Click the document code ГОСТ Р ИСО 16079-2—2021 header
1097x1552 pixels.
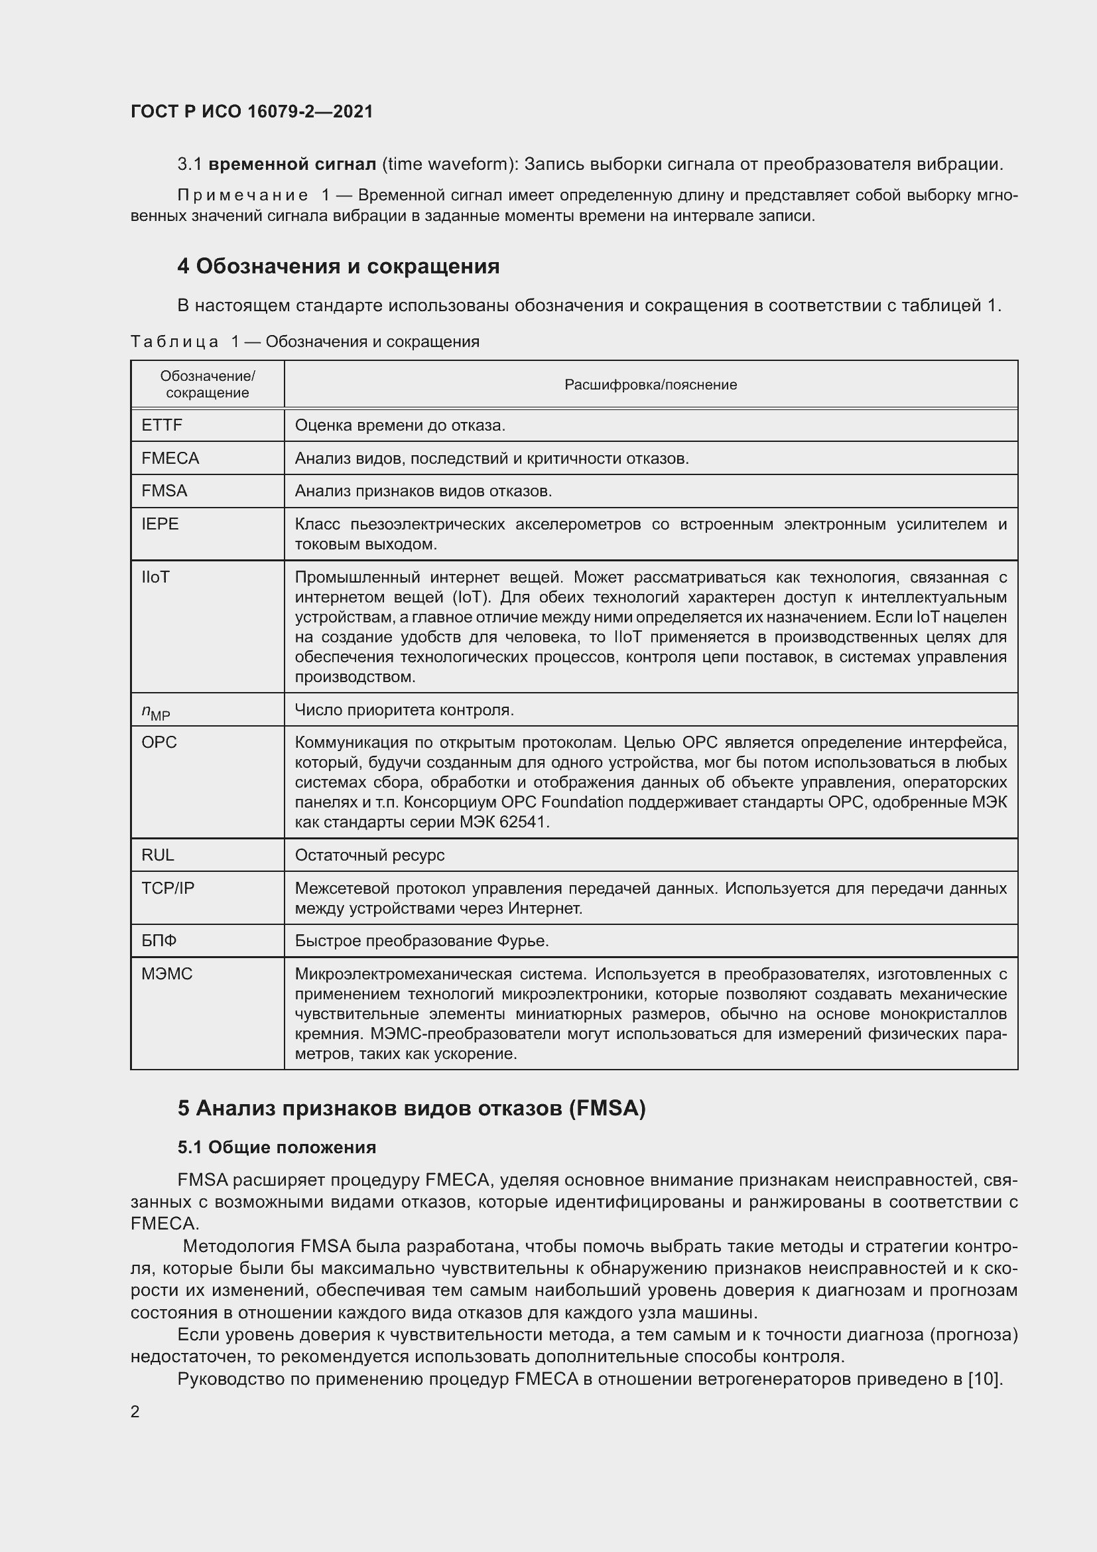(251, 111)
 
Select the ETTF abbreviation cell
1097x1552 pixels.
(162, 425)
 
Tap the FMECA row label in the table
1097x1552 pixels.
(170, 459)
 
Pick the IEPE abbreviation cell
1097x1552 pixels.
(160, 524)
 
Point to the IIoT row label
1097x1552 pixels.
(155, 577)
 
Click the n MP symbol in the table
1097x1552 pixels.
(155, 711)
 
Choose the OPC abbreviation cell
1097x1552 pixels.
(159, 742)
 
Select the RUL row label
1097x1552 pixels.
(157, 855)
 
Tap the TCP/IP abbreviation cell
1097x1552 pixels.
(168, 888)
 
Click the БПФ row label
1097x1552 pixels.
(159, 941)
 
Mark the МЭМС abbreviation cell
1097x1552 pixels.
(167, 974)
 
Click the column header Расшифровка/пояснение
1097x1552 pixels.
(651, 385)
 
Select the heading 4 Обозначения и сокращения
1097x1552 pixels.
(338, 266)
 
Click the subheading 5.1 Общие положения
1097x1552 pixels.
(277, 1147)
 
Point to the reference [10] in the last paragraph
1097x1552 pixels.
(984, 1379)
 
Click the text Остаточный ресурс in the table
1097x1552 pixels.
(369, 855)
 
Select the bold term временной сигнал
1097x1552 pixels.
(292, 165)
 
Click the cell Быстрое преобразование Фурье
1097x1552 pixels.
(422, 941)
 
